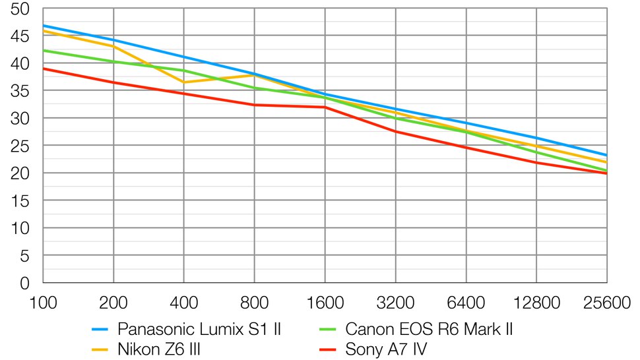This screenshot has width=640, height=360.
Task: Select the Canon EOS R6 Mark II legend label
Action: [429, 328]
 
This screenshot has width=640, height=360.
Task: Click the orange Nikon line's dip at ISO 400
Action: [184, 82]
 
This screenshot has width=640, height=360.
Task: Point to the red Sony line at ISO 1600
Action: [325, 107]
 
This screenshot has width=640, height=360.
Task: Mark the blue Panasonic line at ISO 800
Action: [255, 74]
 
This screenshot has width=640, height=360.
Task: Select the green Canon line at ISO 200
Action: [113, 61]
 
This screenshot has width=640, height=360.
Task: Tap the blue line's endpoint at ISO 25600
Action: [606, 155]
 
